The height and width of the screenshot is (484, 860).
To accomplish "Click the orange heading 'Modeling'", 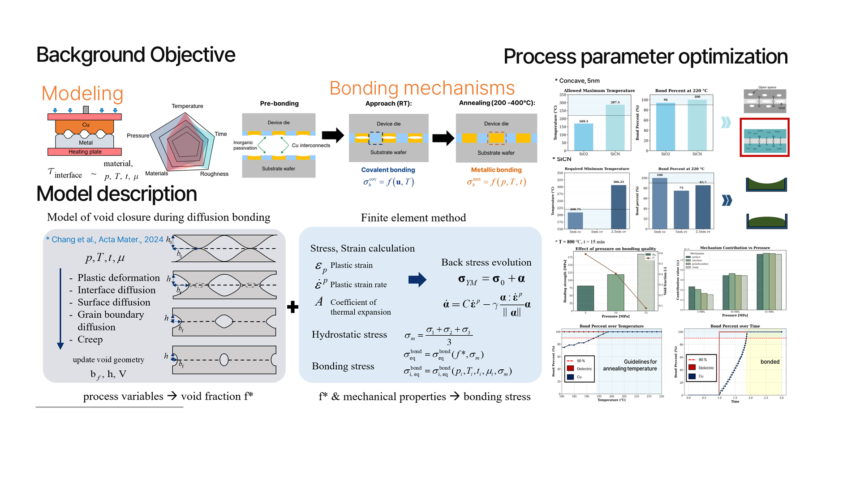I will pyautogui.click(x=82, y=94).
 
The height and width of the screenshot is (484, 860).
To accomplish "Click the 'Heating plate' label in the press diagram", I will pyautogui.click(x=85, y=152).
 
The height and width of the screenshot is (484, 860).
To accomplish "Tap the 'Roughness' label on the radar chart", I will pyautogui.click(x=214, y=174).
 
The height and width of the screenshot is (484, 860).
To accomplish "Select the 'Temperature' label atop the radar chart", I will pyautogui.click(x=187, y=106).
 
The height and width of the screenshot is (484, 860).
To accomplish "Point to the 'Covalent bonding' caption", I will pyautogui.click(x=388, y=170).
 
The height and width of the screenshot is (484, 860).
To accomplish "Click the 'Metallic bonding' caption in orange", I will pyautogui.click(x=496, y=170).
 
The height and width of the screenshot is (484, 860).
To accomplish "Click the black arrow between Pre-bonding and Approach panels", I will pyautogui.click(x=332, y=134).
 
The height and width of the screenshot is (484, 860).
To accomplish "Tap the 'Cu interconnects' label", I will pyautogui.click(x=311, y=145).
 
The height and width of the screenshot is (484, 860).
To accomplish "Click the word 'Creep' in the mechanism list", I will pyautogui.click(x=90, y=339).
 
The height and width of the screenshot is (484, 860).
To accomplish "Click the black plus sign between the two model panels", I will pyautogui.click(x=292, y=307).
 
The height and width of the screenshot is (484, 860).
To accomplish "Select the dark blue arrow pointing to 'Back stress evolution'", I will pyautogui.click(x=417, y=280).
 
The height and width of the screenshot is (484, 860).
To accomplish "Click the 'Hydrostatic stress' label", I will pyautogui.click(x=349, y=335).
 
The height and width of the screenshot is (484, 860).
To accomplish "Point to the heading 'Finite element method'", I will pyautogui.click(x=413, y=218).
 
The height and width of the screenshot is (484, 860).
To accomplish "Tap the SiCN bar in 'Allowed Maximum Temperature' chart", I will pyautogui.click(x=615, y=128).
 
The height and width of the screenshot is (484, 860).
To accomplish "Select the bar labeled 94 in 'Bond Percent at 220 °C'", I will pyautogui.click(x=665, y=127).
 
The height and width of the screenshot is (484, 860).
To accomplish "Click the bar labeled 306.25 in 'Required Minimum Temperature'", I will pyautogui.click(x=619, y=207).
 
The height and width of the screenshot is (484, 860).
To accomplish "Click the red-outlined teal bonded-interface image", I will pyautogui.click(x=764, y=138).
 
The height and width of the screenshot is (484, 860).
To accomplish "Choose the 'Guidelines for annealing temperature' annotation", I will pyautogui.click(x=630, y=365).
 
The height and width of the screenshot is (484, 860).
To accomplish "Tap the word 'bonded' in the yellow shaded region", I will pyautogui.click(x=770, y=362).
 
